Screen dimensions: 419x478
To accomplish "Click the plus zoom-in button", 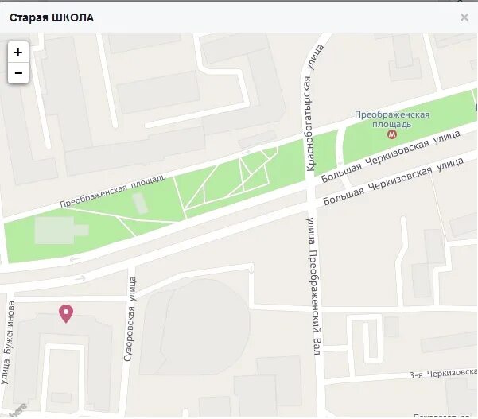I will click(x=17, y=52).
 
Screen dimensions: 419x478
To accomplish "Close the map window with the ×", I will click(x=464, y=17).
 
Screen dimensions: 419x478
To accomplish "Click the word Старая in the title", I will click(x=28, y=17).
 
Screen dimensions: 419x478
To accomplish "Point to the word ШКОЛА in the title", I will click(x=72, y=17).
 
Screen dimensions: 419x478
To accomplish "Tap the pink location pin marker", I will click(x=67, y=313).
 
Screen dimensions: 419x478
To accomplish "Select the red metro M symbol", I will click(x=391, y=134).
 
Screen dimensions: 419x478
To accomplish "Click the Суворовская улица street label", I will click(x=130, y=319).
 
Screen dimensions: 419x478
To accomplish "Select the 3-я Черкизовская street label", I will click(x=442, y=374).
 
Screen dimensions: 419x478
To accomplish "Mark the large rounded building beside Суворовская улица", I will click(x=195, y=326).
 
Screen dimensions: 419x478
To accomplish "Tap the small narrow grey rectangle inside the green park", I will click(x=140, y=202).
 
